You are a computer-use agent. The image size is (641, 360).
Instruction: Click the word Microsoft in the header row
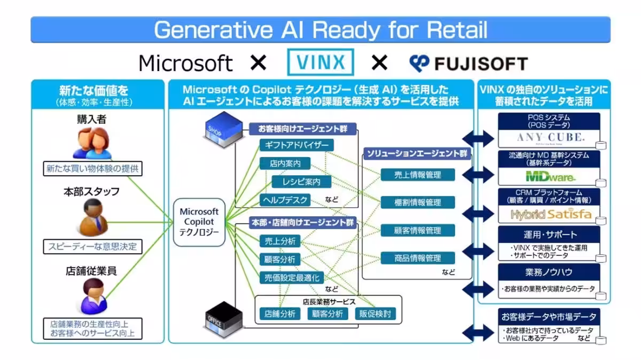coord(185,64)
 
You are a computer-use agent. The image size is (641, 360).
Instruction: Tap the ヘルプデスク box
coord(285,200)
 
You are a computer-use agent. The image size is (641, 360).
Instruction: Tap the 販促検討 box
coord(376,314)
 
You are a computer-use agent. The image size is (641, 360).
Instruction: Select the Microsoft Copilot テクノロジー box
coord(199,222)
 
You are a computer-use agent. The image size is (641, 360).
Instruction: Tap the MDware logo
coord(543,176)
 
